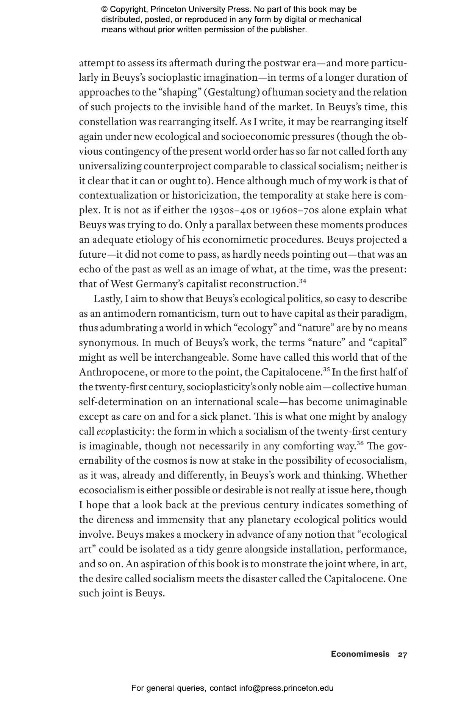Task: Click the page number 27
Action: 402,654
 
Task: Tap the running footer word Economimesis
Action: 360,654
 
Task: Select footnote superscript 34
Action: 303,281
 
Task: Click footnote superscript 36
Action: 361,443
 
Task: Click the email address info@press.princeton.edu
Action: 286,688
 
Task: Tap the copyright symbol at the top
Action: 105,9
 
